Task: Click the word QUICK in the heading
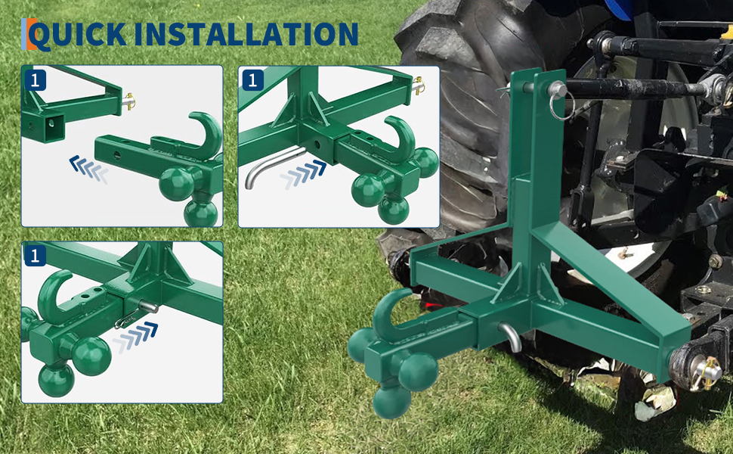click(79, 34)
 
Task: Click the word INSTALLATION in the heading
click(246, 34)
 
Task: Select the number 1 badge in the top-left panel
click(35, 80)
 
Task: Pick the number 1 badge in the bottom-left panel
click(35, 256)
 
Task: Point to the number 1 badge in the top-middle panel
click(252, 80)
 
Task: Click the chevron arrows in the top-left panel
click(88, 169)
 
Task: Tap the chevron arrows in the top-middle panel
click(303, 173)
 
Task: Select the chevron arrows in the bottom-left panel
click(135, 337)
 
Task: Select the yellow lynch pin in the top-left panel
click(128, 101)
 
